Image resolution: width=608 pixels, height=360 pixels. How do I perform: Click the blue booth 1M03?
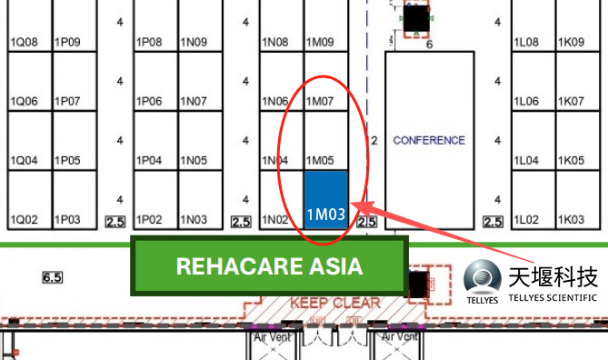pyautogui.click(x=326, y=200)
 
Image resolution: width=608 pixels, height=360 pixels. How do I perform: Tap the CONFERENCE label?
pyautogui.click(x=429, y=140)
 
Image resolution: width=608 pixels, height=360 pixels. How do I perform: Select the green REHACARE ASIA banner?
pyautogui.click(x=270, y=266)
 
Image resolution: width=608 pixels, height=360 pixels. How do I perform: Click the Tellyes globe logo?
pyautogui.click(x=483, y=277)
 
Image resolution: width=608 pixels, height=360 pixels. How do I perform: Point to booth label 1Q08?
pyautogui.click(x=24, y=42)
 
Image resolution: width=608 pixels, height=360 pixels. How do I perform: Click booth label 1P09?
pyautogui.click(x=67, y=42)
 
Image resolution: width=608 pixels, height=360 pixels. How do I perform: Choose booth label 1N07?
pyautogui.click(x=194, y=101)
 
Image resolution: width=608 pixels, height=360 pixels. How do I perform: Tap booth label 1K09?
pyautogui.click(x=571, y=42)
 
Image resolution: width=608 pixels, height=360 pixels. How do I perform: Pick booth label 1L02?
pyautogui.click(x=526, y=220)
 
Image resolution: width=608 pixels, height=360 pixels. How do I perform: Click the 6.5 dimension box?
pyautogui.click(x=53, y=277)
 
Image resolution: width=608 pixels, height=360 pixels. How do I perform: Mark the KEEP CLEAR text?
pyautogui.click(x=335, y=303)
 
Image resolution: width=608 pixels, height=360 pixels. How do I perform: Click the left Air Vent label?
pyautogui.click(x=273, y=337)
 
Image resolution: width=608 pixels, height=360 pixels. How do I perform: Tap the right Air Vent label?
pyautogui.click(x=399, y=336)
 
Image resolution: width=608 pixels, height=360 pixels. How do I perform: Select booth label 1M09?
pyautogui.click(x=320, y=42)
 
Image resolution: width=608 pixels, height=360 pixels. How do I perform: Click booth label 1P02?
pyautogui.click(x=149, y=220)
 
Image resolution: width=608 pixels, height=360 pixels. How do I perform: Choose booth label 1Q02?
pyautogui.click(x=24, y=220)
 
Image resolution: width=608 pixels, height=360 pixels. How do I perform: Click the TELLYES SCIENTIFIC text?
pyautogui.click(x=553, y=298)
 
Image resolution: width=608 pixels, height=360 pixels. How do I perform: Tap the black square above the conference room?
pyautogui.click(x=416, y=18)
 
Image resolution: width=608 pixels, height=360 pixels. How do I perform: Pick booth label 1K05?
pyautogui.click(x=571, y=160)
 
